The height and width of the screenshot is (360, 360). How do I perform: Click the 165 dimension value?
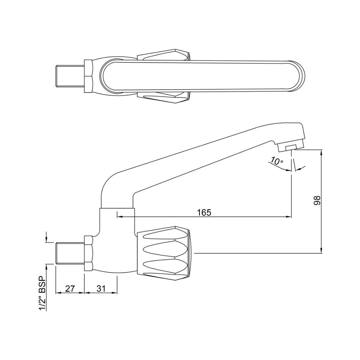click(204, 212)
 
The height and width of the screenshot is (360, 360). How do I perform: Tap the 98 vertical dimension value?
click(317, 200)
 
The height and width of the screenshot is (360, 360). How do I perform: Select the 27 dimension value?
click(70, 288)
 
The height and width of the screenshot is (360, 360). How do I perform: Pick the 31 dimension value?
click(101, 288)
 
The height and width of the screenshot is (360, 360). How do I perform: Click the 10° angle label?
click(277, 161)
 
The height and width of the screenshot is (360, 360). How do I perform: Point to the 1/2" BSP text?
click(42, 293)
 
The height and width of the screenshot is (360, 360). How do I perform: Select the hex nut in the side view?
click(89, 253)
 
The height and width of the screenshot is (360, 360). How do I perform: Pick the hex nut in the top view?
click(89, 76)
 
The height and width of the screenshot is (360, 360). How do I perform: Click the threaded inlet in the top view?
click(69, 76)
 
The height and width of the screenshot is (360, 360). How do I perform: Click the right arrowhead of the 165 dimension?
click(289, 217)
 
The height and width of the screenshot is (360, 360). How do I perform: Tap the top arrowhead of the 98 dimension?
click(321, 152)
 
